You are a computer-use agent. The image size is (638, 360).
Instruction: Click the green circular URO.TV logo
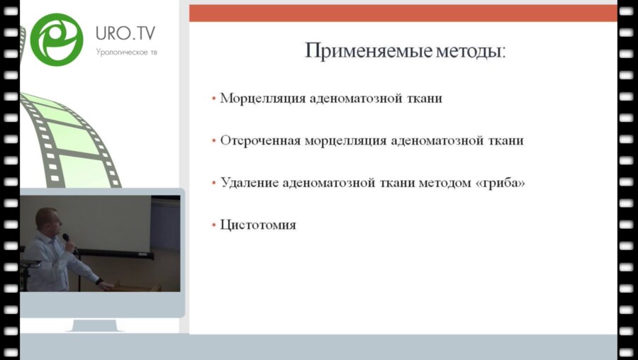57,40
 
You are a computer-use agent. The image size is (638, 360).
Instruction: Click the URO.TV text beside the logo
125,34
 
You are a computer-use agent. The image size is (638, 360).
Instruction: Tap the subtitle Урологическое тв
127,52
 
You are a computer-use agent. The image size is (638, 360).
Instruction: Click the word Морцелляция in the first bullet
263,99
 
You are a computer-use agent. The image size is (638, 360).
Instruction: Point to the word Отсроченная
260,140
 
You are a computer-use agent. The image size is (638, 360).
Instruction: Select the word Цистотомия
258,225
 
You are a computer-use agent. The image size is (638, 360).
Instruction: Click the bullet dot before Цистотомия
214,225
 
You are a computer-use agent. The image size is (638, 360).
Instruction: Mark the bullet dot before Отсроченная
214,140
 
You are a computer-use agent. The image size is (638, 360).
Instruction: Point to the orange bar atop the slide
403,13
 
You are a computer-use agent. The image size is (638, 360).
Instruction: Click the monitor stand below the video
94,325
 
